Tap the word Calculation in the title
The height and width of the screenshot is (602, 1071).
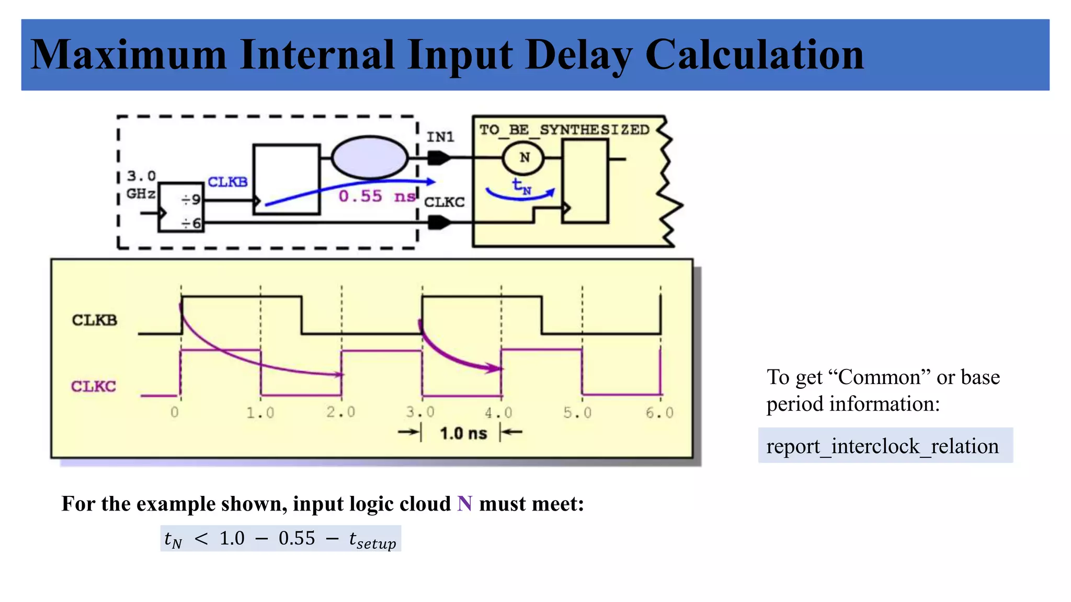click(754, 55)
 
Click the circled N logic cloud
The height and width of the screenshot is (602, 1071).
click(523, 158)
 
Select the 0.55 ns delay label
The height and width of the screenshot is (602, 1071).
click(377, 196)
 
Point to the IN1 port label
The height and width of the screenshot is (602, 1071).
click(440, 137)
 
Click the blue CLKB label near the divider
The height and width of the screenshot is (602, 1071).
click(227, 182)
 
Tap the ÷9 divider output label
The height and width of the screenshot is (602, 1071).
click(191, 200)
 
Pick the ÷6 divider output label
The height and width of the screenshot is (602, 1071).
click(191, 224)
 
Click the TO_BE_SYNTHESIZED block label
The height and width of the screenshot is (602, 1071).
click(564, 130)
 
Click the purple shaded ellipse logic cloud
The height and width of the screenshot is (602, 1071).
click(370, 157)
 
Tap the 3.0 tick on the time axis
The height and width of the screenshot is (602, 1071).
click(420, 412)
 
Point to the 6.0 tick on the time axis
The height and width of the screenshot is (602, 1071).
click(659, 413)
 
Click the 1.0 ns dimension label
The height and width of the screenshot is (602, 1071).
click(463, 433)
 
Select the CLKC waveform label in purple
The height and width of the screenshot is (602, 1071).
click(94, 386)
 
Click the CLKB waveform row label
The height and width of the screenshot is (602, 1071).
click(94, 320)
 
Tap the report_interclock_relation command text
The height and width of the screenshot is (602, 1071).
click(882, 446)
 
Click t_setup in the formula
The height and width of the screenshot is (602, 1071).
click(372, 540)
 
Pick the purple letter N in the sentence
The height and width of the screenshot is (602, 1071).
click(464, 504)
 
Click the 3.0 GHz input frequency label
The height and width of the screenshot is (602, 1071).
click(141, 184)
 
